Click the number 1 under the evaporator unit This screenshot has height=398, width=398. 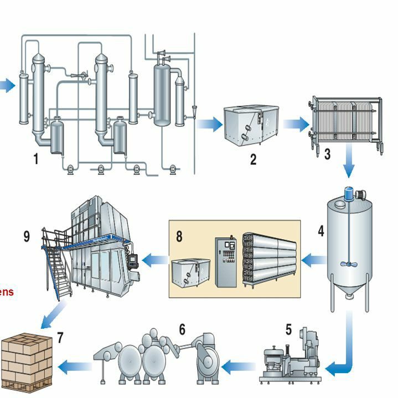point(36,159)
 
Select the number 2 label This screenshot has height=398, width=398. point(253,159)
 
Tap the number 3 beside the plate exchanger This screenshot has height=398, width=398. point(327,154)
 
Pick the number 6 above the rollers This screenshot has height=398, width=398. point(182,329)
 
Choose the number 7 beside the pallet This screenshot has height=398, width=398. point(60,337)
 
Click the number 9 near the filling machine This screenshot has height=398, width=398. point(27,236)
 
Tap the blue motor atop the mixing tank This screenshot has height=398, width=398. point(349,193)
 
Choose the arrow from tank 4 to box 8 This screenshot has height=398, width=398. point(314,258)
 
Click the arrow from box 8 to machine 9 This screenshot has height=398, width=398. point(156,258)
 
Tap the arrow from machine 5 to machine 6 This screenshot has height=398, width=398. point(237,364)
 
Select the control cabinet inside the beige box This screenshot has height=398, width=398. point(226,262)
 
